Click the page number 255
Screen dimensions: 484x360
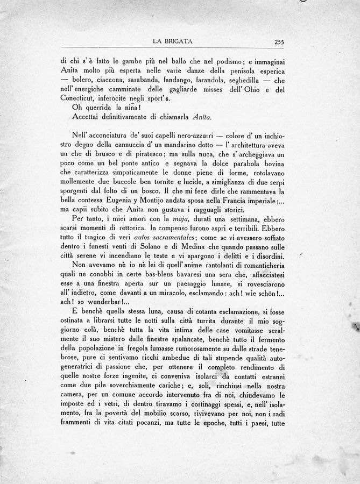pyautogui.click(x=279, y=41)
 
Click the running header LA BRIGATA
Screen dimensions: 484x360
pyautogui.click(x=173, y=41)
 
